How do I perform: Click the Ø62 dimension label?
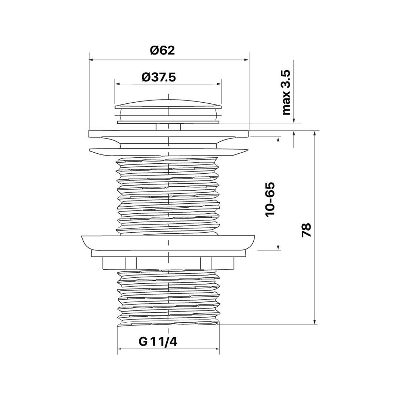click(x=162, y=50)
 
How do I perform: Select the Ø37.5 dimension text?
click(x=159, y=77)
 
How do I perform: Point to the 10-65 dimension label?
click(x=270, y=199)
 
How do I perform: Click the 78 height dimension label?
click(x=306, y=230)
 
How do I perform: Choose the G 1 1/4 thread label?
click(x=158, y=342)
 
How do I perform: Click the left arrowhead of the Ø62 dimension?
click(x=91, y=60)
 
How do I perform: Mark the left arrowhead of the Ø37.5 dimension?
click(x=117, y=84)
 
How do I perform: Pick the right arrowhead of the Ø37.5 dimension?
click(x=219, y=84)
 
